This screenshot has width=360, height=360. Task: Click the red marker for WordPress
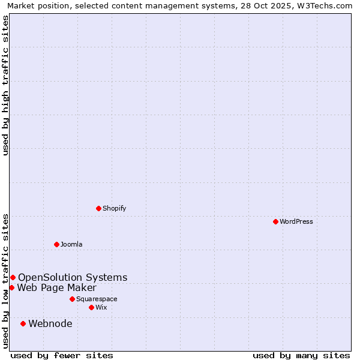tap(275, 221)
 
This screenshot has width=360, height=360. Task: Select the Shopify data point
tap(99, 208)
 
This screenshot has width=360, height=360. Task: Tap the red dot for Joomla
tap(56, 244)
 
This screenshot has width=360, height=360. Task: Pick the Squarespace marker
tap(72, 299)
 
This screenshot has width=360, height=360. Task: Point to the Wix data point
tap(91, 307)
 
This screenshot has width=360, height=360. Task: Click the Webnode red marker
tap(23, 323)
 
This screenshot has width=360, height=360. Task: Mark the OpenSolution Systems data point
tap(13, 277)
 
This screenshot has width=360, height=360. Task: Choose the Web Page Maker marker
tap(11, 287)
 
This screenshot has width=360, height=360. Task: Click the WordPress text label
tap(296, 221)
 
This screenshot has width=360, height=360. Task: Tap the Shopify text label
tap(114, 208)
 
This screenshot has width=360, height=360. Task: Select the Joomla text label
tap(71, 244)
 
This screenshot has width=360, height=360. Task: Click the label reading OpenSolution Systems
tap(73, 277)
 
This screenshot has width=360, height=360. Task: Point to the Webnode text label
tap(50, 324)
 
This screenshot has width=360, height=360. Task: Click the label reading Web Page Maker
tap(56, 287)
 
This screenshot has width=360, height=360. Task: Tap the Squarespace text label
tap(97, 299)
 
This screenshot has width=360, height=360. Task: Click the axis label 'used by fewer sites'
tap(62, 355)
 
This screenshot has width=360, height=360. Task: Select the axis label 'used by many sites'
tap(301, 355)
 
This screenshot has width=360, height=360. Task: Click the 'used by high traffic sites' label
tap(6, 85)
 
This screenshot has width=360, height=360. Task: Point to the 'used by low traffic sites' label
tap(6, 280)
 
